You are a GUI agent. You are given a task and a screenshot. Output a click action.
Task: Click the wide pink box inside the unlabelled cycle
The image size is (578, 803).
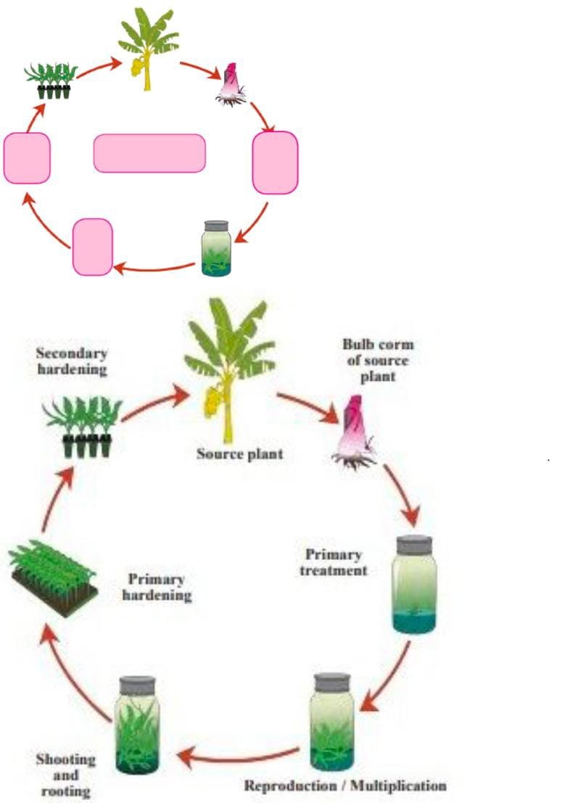tap(149, 153)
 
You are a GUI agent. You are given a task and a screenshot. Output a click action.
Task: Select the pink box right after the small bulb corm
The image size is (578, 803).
tap(275, 162)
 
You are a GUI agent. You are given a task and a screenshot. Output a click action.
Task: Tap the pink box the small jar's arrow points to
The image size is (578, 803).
tap(93, 247)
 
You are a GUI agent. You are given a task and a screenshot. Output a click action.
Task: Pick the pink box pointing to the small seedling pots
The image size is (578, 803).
tap(27, 158)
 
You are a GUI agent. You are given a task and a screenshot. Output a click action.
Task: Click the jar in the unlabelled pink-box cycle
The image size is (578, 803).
tap(216, 248)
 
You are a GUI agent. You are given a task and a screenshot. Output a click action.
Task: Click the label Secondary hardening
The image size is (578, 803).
tap(72, 361)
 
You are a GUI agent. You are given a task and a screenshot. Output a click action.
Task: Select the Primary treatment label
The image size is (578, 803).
tap(334, 562)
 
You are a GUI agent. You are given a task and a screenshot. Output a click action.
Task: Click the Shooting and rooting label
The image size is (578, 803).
tap(66, 774)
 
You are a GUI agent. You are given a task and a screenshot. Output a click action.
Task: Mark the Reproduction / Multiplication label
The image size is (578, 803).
tap(345, 786)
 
